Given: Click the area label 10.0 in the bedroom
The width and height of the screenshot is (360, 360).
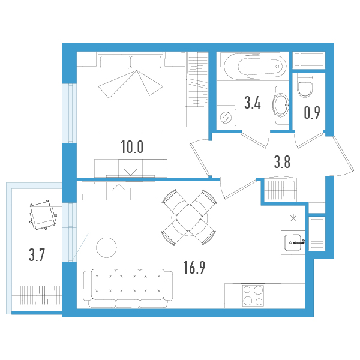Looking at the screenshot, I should [131, 147].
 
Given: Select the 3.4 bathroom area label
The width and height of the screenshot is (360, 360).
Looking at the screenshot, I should [252, 103].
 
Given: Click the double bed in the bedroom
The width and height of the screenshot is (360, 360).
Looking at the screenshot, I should [131, 93].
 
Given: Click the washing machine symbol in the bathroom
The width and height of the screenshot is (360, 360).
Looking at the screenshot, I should [227, 118].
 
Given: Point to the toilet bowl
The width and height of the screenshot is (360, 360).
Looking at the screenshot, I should [305, 88].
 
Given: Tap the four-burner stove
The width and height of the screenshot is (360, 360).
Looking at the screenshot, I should [253, 296].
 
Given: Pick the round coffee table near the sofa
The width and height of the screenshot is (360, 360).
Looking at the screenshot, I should [107, 247].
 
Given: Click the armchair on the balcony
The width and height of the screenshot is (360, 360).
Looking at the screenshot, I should [43, 215].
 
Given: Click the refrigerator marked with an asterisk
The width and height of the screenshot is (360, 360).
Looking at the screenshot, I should [293, 218].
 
